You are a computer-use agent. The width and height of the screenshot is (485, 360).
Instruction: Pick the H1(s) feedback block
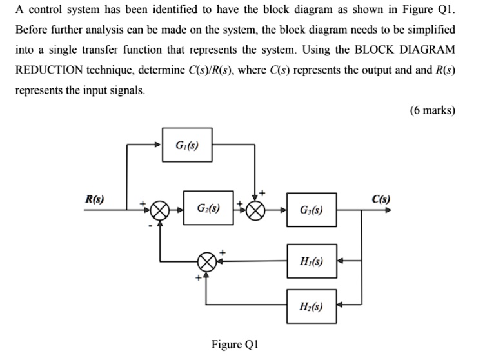click(x=312, y=262)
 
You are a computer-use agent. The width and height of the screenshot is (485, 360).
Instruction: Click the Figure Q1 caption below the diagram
click(x=235, y=344)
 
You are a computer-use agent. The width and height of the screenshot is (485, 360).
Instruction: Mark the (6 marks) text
click(x=432, y=110)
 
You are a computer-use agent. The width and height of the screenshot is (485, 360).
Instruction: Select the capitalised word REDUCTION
click(x=50, y=70)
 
